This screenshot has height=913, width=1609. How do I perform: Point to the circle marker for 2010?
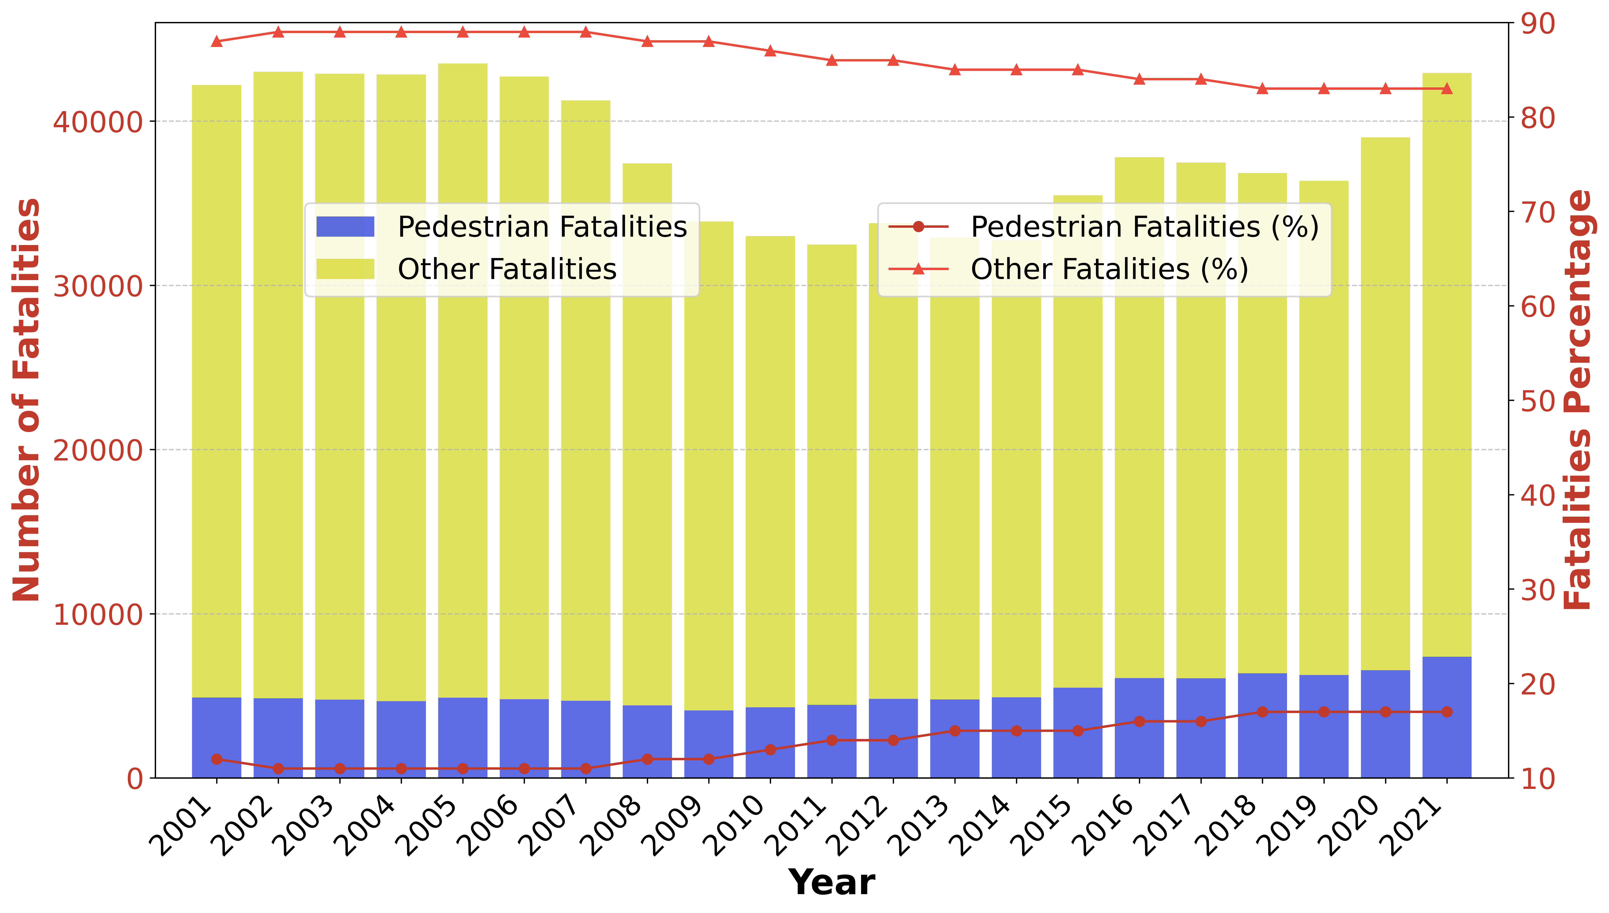[x=771, y=749]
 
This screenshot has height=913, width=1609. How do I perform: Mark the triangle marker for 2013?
[x=955, y=70]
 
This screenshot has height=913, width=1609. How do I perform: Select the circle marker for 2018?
[x=1262, y=712]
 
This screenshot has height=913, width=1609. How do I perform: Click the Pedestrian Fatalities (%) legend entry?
[x=1144, y=226]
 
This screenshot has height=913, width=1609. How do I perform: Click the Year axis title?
[x=832, y=883]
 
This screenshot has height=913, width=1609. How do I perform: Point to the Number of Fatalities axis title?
[x=26, y=400]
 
